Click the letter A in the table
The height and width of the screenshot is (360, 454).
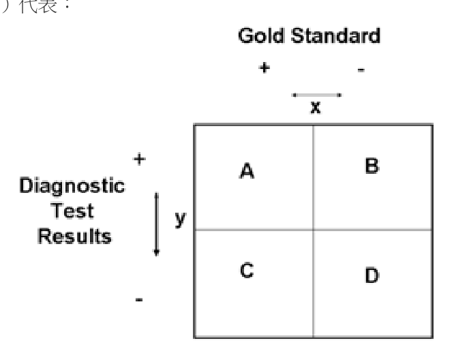[247, 171]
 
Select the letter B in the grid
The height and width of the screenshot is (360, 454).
[372, 166]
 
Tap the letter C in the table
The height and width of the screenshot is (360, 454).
[247, 270]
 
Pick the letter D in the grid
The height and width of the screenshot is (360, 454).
[372, 275]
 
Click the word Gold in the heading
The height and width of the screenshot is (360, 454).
[261, 35]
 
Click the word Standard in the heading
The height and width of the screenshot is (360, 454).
[335, 35]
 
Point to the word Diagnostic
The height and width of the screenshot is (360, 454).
[72, 186]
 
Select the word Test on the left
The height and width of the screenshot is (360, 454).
[72, 210]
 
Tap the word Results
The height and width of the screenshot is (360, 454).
[74, 236]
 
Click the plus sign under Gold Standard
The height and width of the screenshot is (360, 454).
[264, 67]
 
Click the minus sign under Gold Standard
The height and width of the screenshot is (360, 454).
[361, 70]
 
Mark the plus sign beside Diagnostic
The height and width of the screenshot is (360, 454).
[140, 159]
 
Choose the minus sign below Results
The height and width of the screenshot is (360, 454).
[139, 299]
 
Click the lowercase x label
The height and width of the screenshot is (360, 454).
[316, 107]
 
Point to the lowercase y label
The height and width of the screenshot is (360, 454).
[181, 219]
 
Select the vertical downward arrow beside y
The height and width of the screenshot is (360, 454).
[157, 224]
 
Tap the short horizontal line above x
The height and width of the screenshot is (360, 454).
[317, 95]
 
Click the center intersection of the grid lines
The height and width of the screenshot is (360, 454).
[314, 230]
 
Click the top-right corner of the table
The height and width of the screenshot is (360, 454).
[433, 125]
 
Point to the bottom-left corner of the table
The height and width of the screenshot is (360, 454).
[194, 337]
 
